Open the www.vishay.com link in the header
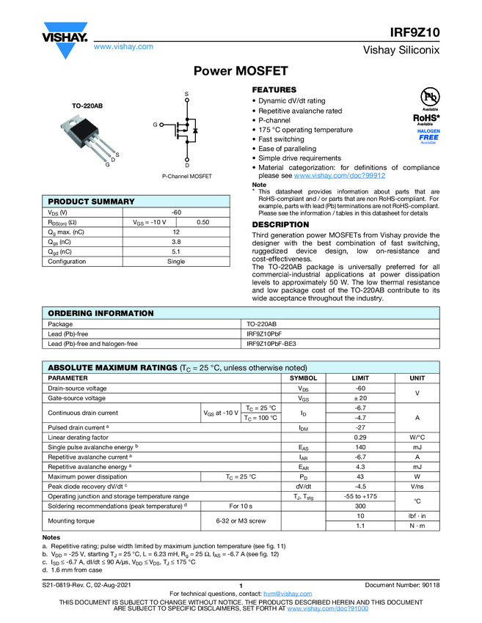[123, 46]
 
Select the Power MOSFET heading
[241, 71]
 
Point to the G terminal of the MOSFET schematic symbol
[155, 125]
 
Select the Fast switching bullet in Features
[281, 139]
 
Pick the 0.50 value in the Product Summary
[203, 222]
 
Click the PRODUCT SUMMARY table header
[92, 202]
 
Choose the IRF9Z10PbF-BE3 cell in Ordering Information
[271, 343]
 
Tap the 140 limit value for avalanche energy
[360, 446]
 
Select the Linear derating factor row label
[78, 437]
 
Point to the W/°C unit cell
[417, 437]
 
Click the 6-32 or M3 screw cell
[241, 521]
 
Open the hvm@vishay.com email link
[282, 593]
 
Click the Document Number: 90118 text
[402, 585]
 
